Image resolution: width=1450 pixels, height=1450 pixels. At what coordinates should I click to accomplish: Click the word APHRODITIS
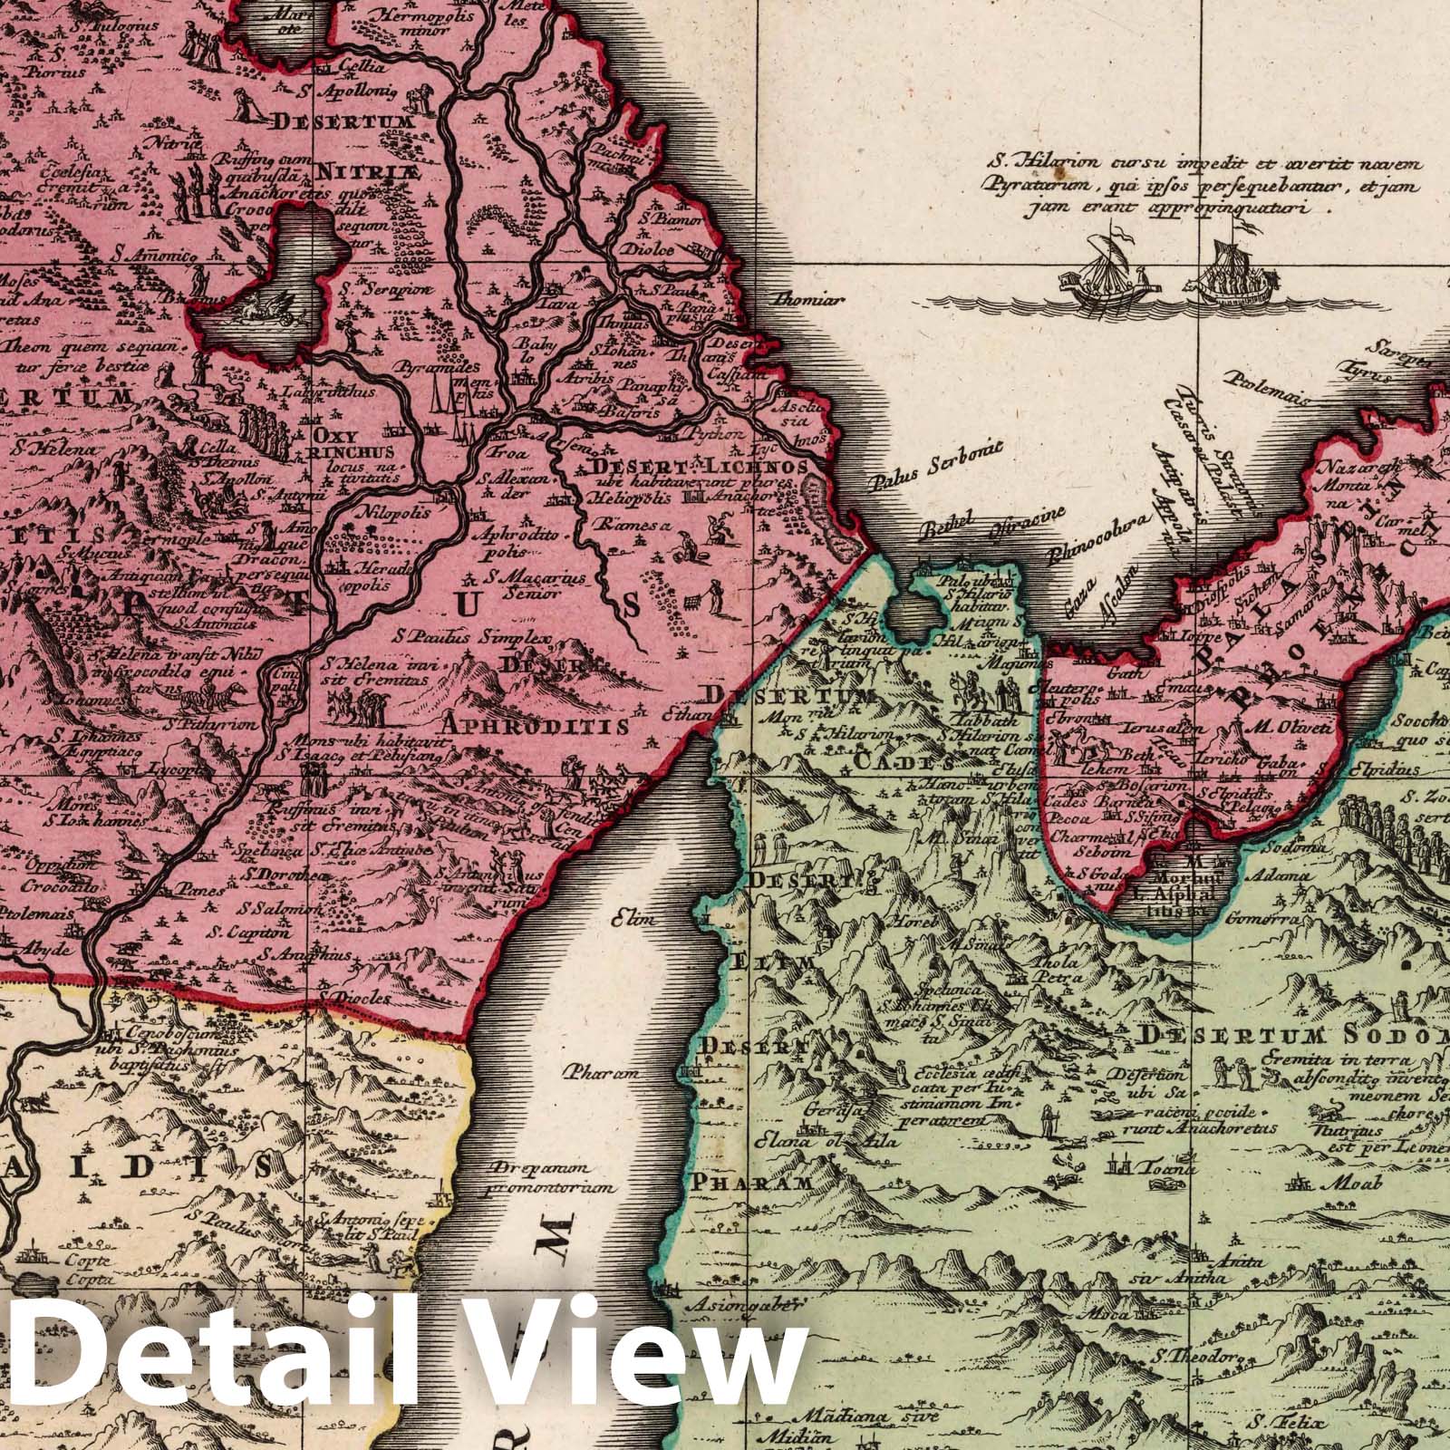coord(536,725)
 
